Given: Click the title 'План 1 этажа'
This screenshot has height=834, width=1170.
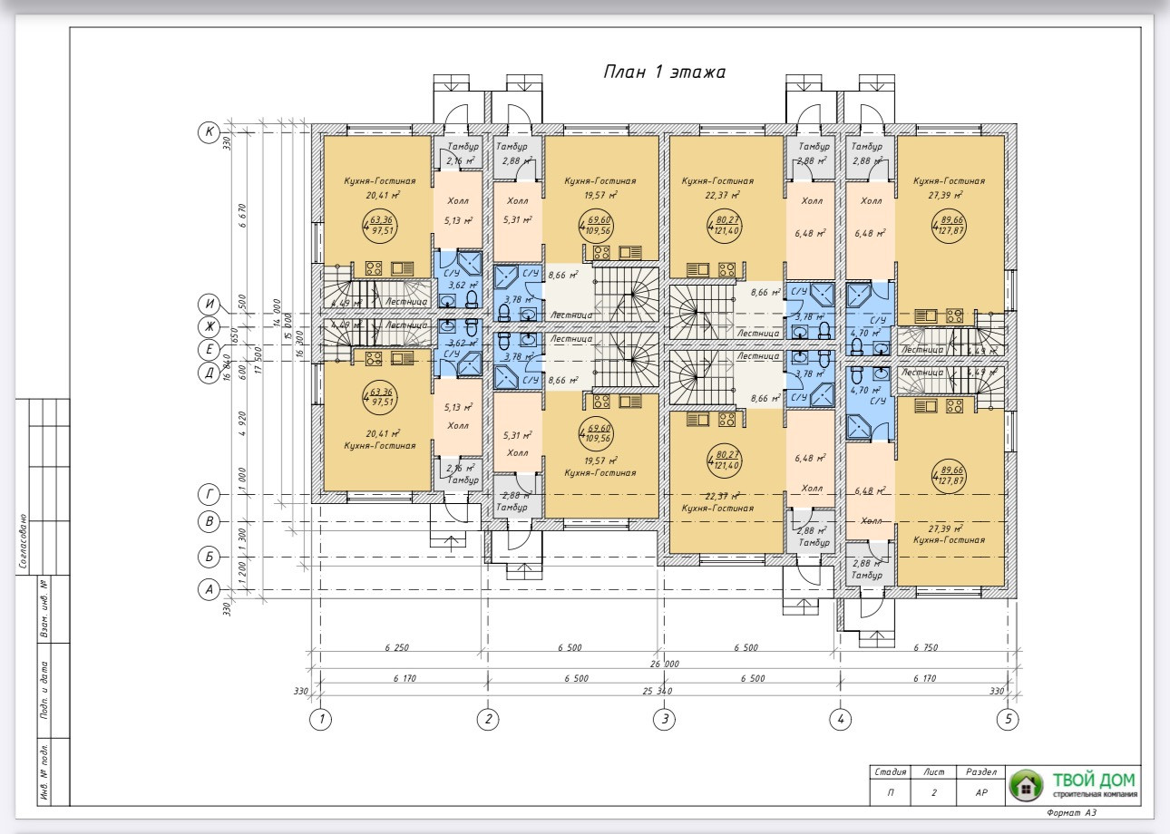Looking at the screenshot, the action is (664, 73).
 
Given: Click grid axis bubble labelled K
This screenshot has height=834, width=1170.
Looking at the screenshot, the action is (210, 132).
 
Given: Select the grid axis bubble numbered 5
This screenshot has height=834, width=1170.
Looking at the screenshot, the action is (1007, 720).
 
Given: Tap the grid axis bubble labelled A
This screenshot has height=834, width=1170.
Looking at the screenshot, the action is (210, 590).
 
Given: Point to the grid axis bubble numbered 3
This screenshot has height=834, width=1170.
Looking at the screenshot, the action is (665, 720).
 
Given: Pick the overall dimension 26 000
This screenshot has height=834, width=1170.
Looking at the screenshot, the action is (665, 664).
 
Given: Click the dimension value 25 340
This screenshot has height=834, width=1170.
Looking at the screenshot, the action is (665, 692).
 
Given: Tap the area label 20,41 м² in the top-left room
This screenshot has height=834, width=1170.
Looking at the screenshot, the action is (384, 195).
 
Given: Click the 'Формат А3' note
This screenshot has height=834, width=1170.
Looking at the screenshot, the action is (1071, 813).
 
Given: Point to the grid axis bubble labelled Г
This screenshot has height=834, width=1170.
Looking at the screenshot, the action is (210, 494).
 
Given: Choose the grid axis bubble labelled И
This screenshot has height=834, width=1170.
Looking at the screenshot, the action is (210, 304).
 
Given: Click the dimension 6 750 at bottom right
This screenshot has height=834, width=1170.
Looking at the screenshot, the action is (925, 648).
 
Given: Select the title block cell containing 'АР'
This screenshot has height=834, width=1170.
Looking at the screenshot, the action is (981, 792).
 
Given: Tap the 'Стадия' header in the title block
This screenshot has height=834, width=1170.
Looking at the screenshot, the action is (889, 772).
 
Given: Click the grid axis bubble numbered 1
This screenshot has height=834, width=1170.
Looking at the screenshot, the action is (319, 720).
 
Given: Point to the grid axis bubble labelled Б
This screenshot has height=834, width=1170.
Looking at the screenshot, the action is (210, 557).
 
